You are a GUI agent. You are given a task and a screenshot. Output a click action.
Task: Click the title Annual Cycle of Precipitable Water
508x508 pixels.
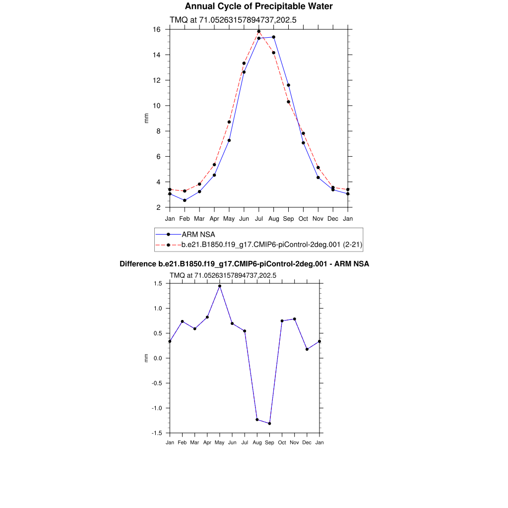[258, 6]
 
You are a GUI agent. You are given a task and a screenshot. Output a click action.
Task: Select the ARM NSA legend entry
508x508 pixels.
[198, 234]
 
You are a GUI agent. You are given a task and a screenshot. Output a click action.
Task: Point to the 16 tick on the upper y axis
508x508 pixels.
[156, 29]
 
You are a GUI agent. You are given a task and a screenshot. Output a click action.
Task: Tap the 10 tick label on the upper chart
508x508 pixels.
[156, 106]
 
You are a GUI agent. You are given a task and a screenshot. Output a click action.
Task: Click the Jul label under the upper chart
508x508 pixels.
[258, 219]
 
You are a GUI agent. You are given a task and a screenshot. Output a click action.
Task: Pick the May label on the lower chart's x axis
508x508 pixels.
[219, 442]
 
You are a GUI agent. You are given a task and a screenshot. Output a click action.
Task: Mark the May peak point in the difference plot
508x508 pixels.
[220, 286]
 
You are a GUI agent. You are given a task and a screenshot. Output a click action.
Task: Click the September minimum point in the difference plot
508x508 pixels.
[269, 423]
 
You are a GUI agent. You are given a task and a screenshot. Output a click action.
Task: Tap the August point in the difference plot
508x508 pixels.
[257, 420]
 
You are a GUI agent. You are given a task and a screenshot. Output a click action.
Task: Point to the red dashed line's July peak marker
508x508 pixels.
[258, 31]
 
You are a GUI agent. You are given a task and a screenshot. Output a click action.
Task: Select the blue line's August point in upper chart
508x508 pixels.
[273, 37]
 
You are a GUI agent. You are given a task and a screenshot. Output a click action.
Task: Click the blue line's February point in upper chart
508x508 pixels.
[185, 200]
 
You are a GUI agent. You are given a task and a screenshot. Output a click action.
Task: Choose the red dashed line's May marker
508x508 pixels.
[229, 122]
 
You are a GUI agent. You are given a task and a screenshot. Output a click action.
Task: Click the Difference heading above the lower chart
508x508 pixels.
[244, 264]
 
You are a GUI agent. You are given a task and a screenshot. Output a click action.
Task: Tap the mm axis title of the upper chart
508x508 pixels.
[146, 118]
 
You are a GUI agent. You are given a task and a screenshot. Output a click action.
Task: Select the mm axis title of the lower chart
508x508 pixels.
[146, 358]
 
